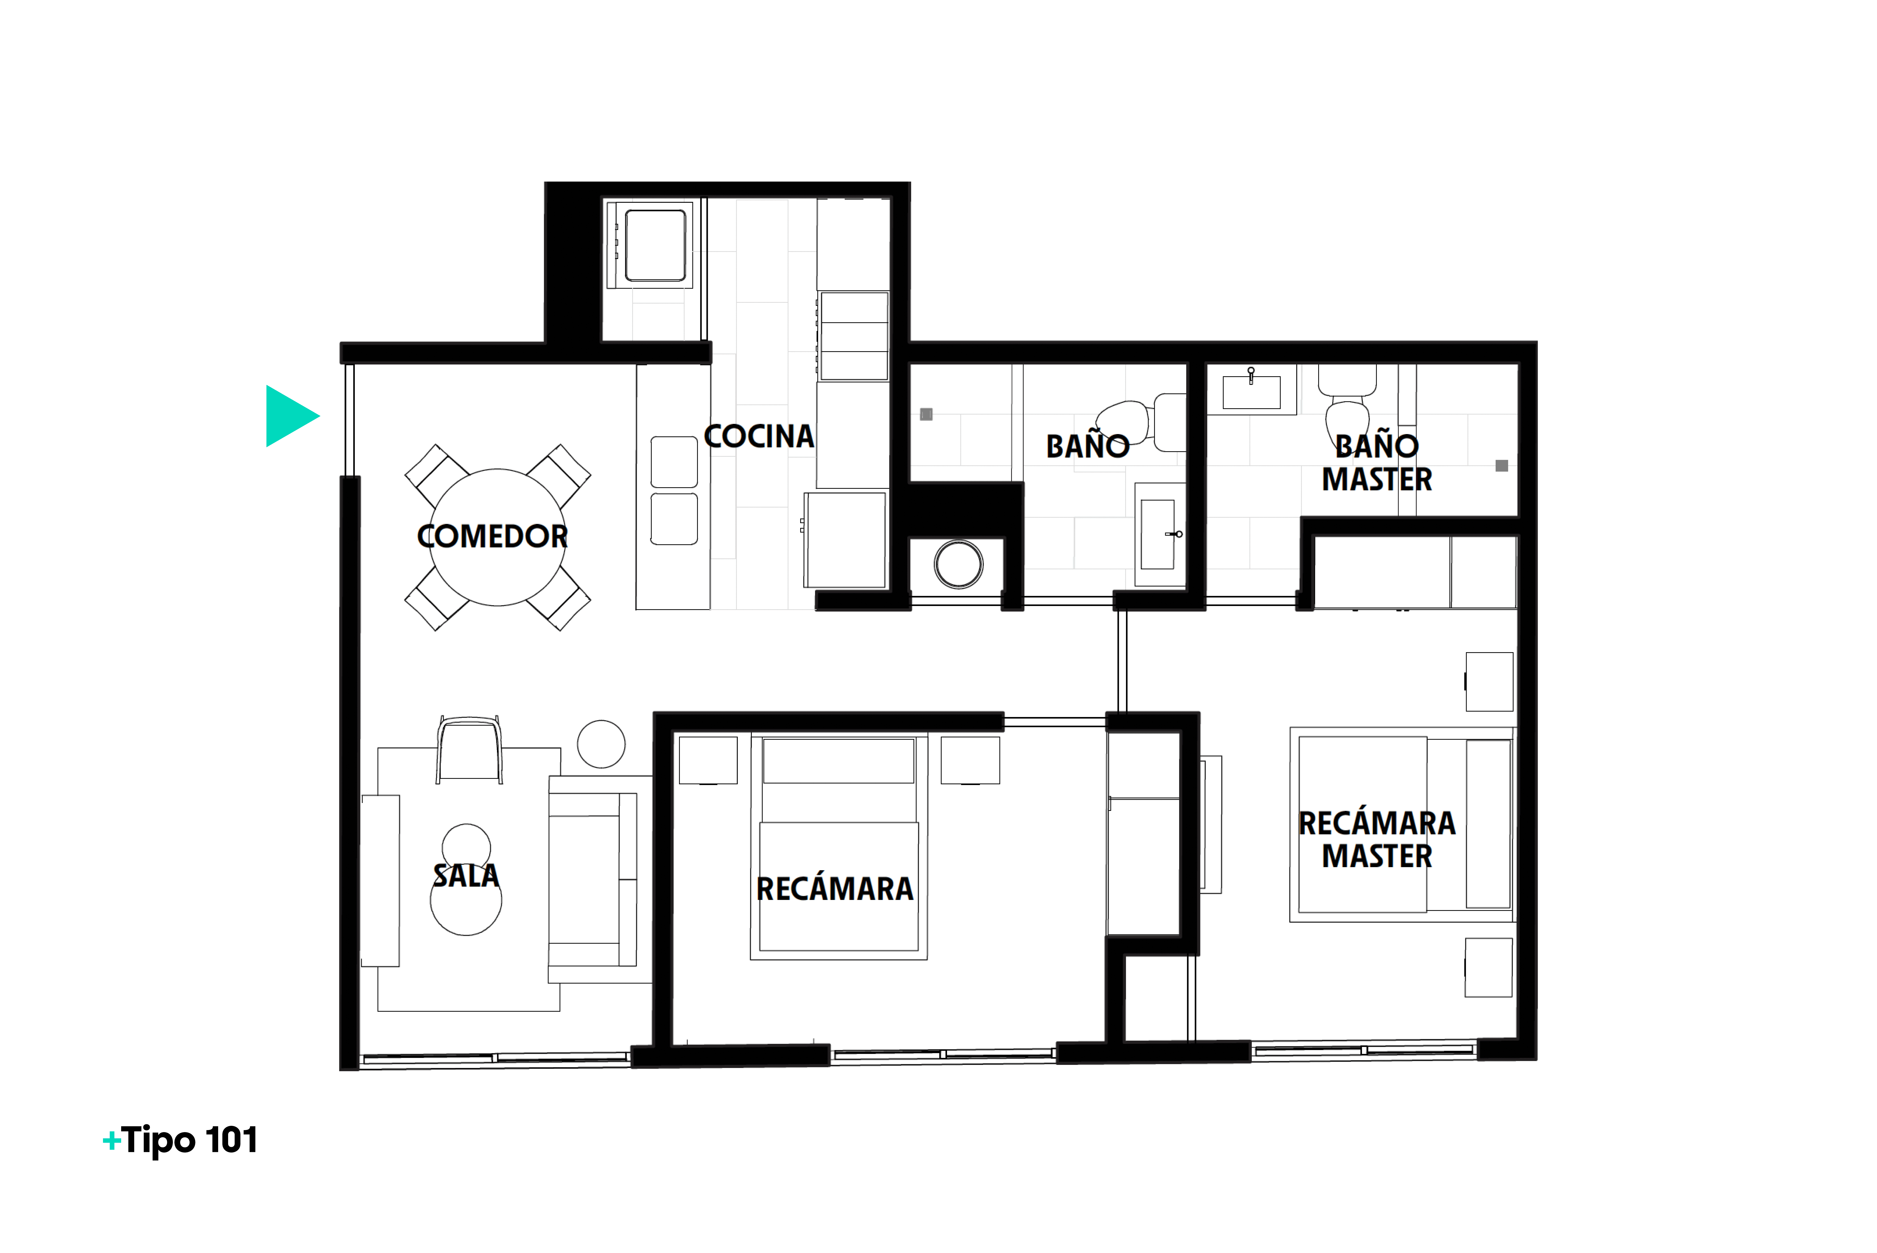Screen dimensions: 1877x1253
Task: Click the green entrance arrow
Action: (x=289, y=415)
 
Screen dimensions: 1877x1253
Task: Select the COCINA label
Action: (x=759, y=436)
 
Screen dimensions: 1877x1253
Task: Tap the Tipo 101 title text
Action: (x=190, y=1140)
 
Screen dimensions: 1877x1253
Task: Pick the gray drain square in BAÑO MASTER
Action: (x=1502, y=466)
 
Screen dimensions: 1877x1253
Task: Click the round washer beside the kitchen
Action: (x=959, y=564)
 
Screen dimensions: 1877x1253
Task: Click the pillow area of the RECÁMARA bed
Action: (x=839, y=761)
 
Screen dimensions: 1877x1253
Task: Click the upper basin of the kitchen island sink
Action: (x=674, y=462)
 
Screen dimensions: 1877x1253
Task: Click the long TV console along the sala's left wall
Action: (x=380, y=881)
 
